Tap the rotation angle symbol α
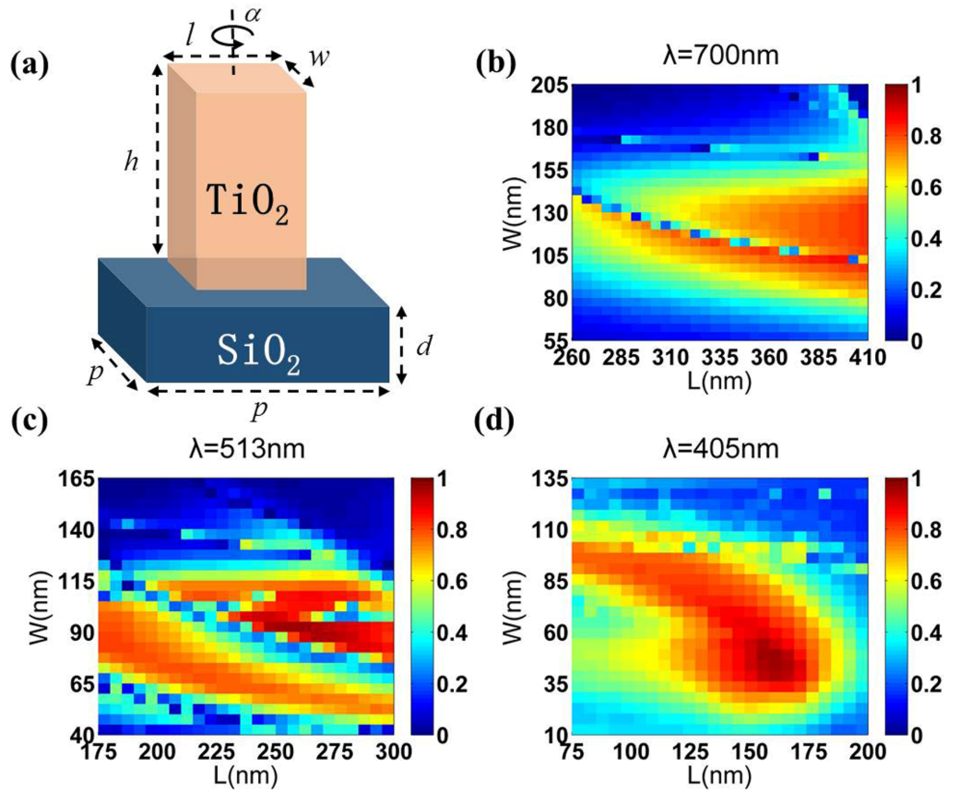coord(253,14)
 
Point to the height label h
coord(132,161)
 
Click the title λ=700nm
coord(720,55)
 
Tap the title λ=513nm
coord(247,449)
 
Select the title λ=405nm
coord(720,449)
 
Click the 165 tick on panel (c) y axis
coord(76,479)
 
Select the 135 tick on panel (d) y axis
coord(549,479)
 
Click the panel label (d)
coord(495,422)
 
